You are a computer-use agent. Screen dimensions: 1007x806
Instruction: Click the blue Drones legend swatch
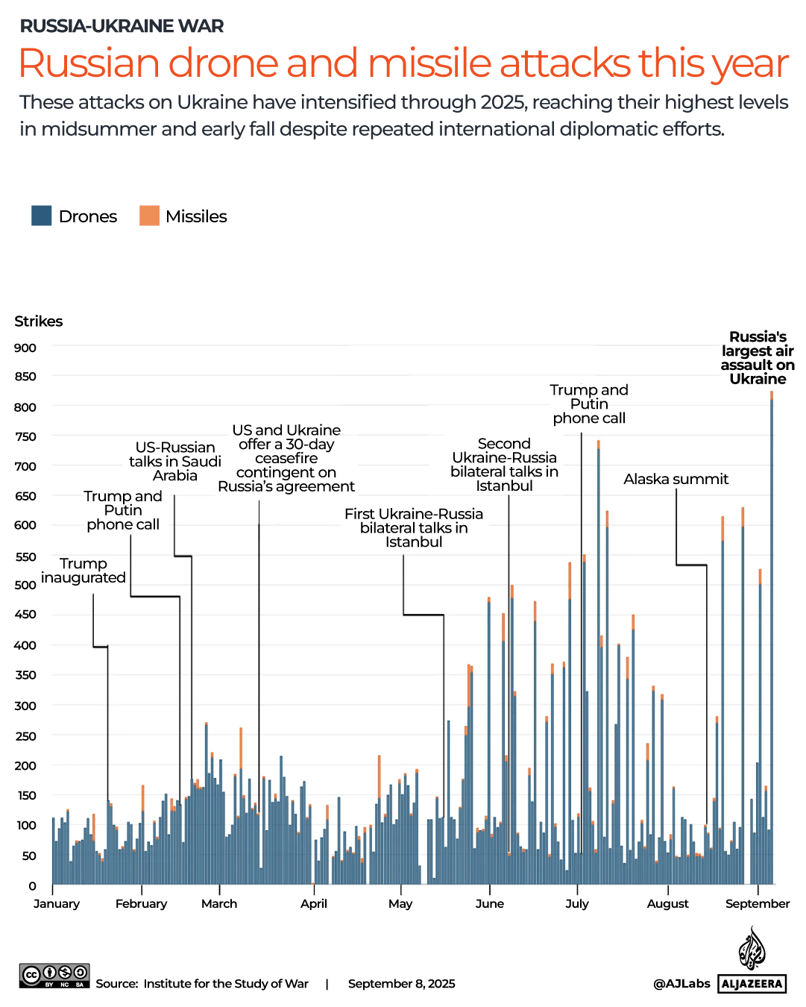pos(41,216)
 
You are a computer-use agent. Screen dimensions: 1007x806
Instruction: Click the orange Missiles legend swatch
pos(149,216)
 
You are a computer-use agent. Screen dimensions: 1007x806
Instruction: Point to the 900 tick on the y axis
pos(25,348)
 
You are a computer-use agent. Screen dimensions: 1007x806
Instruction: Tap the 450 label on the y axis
pos(25,615)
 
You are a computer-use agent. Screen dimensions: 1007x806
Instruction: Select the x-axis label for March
pos(219,903)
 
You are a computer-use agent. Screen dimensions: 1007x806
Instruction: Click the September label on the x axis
pos(757,903)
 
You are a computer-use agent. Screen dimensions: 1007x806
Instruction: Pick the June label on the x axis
pos(489,903)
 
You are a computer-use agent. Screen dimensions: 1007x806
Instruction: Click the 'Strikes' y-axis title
pos(39,321)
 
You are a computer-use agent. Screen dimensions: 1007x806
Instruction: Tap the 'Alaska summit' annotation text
pos(676,479)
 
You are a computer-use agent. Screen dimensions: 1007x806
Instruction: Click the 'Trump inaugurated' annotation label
pos(84,571)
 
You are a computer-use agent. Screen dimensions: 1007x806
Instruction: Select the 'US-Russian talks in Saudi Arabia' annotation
pos(175,461)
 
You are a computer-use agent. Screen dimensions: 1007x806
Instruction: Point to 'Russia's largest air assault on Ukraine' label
pos(758,358)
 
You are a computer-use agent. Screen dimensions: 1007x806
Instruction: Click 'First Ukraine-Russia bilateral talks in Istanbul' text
pos(414,527)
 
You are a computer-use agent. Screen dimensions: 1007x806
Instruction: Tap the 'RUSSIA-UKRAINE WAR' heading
pos(122,26)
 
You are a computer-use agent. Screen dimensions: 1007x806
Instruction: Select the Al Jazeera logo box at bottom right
pos(752,983)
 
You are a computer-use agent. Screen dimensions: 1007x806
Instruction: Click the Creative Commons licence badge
pos(54,976)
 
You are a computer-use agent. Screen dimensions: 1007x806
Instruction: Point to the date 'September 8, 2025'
pos(401,983)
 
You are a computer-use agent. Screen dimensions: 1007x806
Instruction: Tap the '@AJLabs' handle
pos(681,983)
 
